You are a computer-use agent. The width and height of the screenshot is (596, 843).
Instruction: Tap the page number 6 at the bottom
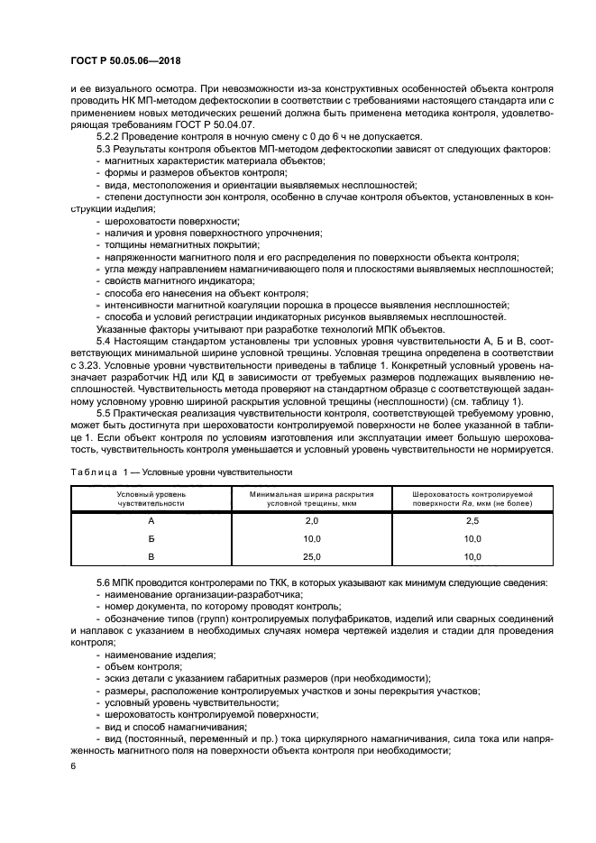pos(72,765)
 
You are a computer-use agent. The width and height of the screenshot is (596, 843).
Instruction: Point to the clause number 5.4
pos(105,343)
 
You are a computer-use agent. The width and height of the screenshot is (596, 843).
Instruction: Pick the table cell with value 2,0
pos(312,521)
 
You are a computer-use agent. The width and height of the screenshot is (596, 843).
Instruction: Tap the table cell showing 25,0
pos(312,556)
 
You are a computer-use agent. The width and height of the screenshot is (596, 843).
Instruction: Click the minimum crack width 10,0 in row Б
pos(312,539)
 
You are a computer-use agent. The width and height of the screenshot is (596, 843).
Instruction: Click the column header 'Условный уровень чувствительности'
pos(151,499)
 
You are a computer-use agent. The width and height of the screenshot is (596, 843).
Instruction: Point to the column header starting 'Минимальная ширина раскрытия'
pos(312,499)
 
